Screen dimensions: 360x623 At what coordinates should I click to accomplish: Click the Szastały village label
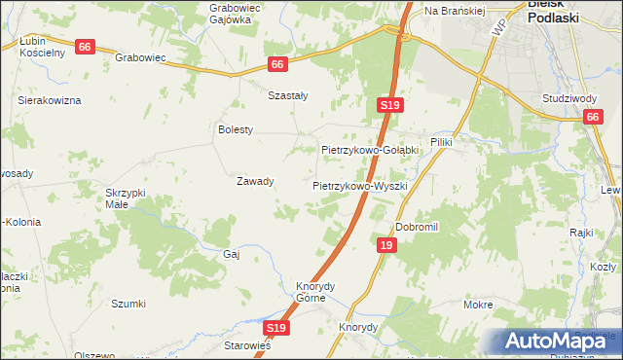(287, 95)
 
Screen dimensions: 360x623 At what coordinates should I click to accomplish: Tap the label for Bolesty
(236, 129)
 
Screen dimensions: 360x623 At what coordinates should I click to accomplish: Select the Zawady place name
(255, 181)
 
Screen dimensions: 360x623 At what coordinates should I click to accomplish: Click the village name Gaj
(232, 253)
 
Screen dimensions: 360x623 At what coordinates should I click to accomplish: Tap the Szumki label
(128, 304)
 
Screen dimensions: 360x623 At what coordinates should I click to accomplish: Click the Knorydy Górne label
(315, 292)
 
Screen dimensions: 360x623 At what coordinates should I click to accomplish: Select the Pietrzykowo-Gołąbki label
(370, 150)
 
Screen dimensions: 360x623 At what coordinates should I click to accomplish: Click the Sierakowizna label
(50, 100)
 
